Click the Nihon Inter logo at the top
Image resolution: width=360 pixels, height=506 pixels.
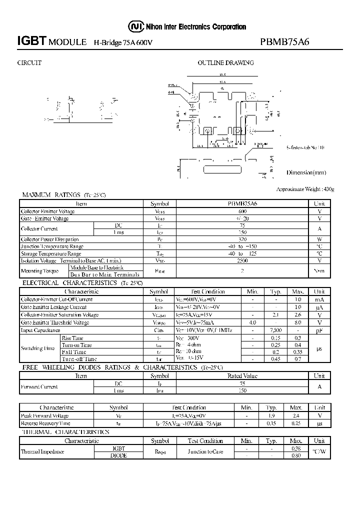click(134, 26)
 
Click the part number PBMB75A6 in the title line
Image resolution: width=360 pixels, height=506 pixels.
click(285, 42)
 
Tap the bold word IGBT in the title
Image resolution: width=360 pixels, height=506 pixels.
click(32, 42)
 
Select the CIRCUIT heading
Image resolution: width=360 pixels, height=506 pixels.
click(29, 63)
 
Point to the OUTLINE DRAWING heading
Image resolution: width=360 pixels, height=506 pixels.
click(225, 63)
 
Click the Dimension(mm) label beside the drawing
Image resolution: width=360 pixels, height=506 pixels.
click(306, 172)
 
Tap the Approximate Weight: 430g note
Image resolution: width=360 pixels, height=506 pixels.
click(305, 189)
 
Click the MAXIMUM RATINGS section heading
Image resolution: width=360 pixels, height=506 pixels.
click(50, 195)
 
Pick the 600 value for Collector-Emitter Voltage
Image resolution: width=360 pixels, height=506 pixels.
click(242, 211)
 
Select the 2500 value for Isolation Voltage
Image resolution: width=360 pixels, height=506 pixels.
click(242, 260)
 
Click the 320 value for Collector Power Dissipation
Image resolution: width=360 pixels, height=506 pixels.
click(242, 239)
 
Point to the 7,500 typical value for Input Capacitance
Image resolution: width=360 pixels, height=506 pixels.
click(275, 330)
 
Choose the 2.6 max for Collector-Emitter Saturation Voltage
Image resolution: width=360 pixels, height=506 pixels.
click(298, 315)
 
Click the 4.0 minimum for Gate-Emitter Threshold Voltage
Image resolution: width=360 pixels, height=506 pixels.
click(252, 322)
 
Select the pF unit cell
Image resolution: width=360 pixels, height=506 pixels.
click(319, 330)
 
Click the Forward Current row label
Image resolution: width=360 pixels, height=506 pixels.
click(39, 386)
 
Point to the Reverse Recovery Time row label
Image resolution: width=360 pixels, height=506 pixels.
click(45, 423)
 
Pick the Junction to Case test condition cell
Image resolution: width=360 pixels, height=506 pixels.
click(205, 451)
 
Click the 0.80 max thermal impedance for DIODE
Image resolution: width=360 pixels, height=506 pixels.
click(296, 455)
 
